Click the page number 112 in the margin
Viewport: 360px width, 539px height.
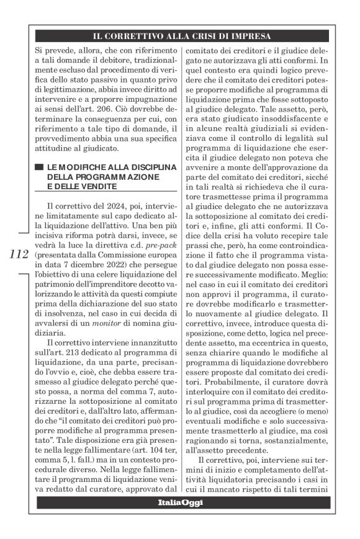(x=19, y=254)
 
